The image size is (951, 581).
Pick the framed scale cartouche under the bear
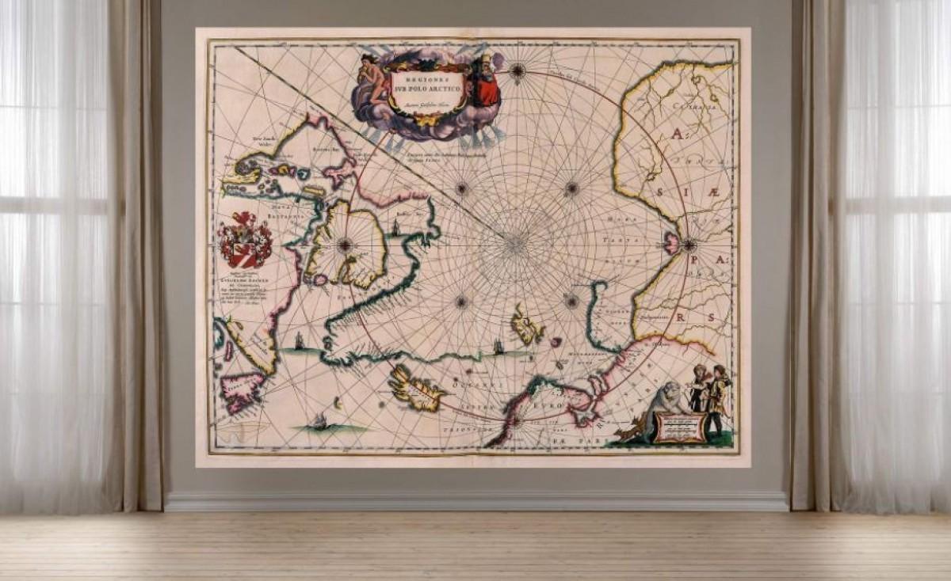tap(680, 428)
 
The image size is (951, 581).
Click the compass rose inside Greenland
tap(344, 245)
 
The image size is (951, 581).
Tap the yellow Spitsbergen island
tap(527, 325)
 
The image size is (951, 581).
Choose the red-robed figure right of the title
tap(486, 82)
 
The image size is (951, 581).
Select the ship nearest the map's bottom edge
tap(320, 421)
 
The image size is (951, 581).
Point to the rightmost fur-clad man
tap(717, 398)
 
